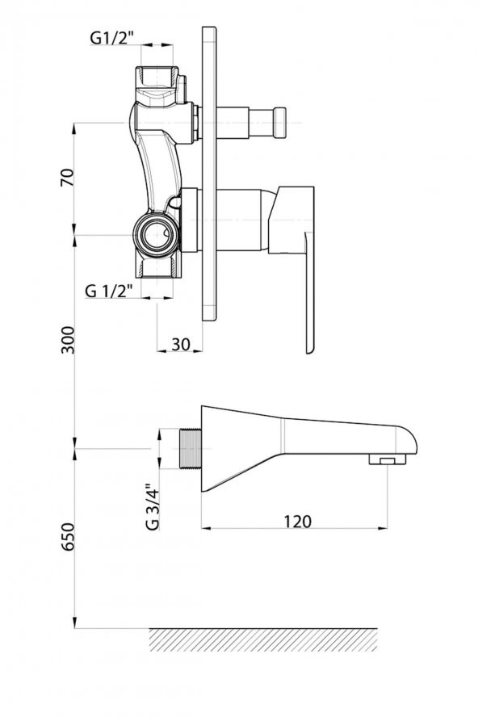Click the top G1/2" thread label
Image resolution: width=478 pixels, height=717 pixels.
[x=111, y=39]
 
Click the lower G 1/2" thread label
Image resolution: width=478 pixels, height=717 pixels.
[x=109, y=290]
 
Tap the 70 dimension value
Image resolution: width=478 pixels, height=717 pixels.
[x=67, y=178]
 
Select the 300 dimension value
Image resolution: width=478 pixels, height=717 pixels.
[x=68, y=340]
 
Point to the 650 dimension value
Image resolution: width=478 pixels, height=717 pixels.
[x=68, y=536]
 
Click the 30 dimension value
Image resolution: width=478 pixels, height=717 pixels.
[x=181, y=344]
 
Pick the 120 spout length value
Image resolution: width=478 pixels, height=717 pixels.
[x=297, y=521]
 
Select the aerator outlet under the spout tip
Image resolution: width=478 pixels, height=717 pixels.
[x=388, y=459]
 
